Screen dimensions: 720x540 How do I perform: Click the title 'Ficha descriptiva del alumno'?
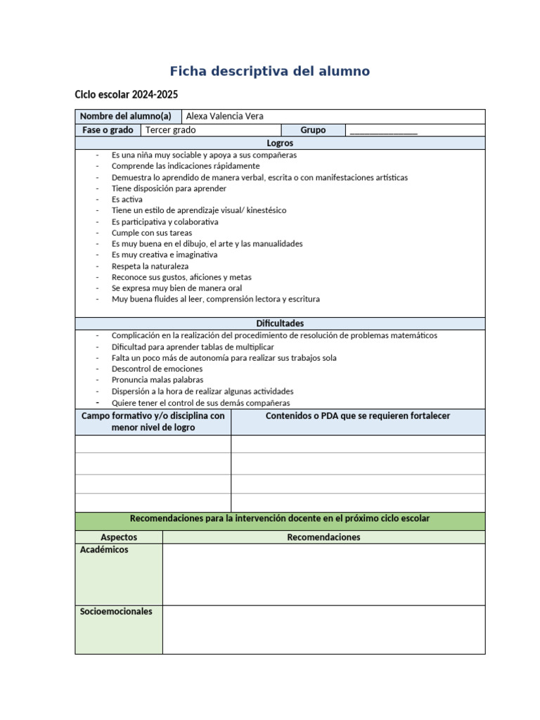pos(269,71)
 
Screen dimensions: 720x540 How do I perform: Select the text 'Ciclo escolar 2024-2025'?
pos(126,94)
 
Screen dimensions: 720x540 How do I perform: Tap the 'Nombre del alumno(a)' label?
pos(125,116)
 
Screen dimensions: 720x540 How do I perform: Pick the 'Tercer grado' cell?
pos(171,130)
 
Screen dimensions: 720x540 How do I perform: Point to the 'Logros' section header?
pos(280,143)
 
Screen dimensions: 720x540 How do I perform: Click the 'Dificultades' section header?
pos(280,323)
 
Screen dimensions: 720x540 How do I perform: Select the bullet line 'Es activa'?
pos(127,199)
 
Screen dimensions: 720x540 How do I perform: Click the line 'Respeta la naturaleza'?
pos(150,266)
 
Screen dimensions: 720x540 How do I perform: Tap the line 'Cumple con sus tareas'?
pos(151,233)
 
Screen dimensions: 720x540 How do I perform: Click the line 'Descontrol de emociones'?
pos(157,368)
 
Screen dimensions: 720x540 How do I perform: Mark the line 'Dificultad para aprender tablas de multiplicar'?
pos(193,347)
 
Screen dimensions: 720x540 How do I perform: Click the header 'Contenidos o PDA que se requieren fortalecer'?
pos(358,416)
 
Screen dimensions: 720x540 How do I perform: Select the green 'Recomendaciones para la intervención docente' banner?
pos(280,519)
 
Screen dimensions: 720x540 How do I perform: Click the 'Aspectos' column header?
pos(118,537)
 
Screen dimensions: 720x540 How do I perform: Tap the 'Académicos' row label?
pos(105,550)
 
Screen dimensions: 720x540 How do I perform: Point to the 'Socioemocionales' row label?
pos(116,612)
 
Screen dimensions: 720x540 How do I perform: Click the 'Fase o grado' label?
pos(107,130)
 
